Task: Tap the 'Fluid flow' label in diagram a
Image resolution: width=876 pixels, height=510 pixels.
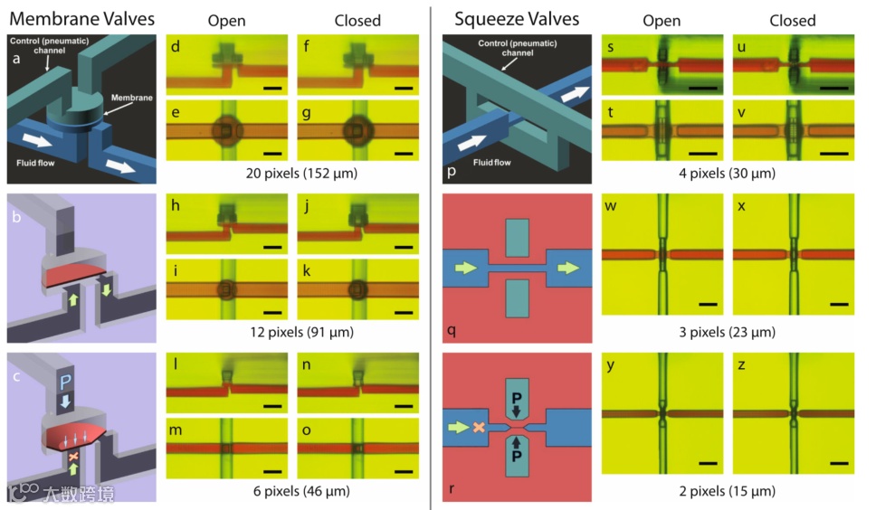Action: (x=39, y=164)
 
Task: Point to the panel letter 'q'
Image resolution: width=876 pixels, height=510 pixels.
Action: (x=452, y=331)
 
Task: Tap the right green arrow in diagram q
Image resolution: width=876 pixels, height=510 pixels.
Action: (x=567, y=268)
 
